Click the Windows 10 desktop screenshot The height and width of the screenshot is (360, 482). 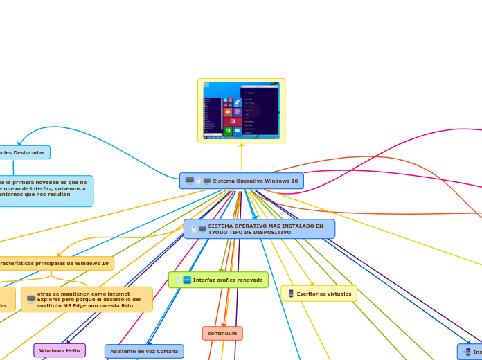coord(241,111)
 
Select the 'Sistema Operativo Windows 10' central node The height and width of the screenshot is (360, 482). coord(242,181)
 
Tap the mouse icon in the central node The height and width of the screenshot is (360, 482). coord(198,181)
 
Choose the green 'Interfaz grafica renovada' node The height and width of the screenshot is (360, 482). coord(218,280)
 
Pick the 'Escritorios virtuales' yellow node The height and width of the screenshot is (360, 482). coord(319,294)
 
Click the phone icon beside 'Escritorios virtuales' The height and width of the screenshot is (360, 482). coord(291,294)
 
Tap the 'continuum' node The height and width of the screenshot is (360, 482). coord(222,333)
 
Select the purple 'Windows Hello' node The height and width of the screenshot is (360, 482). coord(60,350)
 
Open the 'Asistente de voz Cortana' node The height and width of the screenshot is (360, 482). coord(144,351)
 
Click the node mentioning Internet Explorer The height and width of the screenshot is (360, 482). coord(87,299)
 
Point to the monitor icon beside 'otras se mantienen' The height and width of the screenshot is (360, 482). coord(31,299)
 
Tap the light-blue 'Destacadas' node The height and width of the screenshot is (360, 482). coord(24,152)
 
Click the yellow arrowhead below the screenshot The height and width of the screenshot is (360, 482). coord(242,145)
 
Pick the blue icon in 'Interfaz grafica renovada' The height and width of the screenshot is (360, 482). coord(187,280)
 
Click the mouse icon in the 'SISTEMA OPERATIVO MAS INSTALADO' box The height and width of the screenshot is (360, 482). coord(193,228)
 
